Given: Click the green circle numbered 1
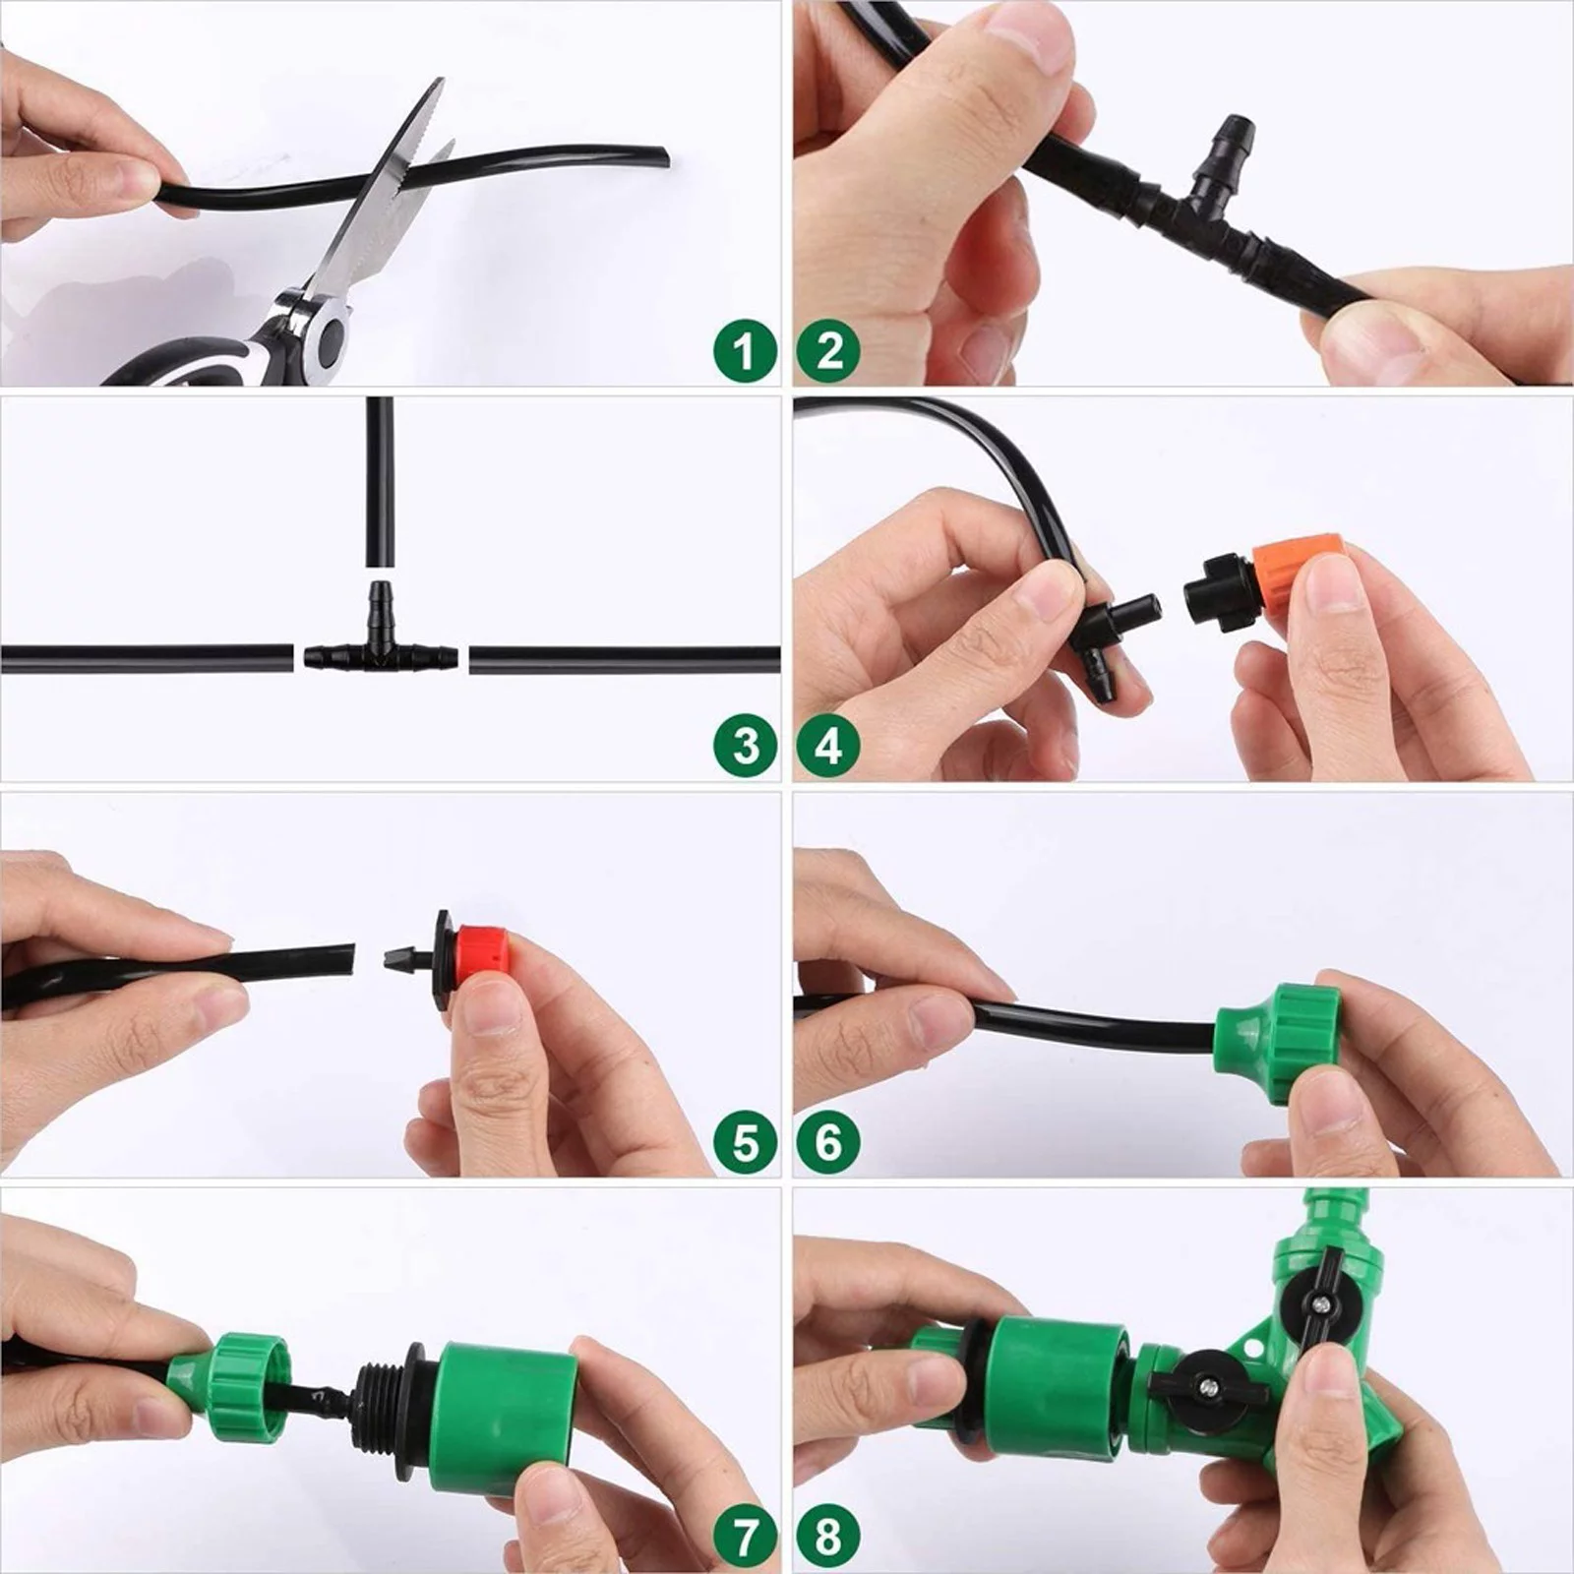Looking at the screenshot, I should tap(745, 350).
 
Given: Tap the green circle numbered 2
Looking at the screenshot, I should tap(829, 350).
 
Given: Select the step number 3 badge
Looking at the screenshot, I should tap(745, 745).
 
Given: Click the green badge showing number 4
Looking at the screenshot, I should tap(829, 745).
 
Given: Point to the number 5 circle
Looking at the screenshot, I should tap(745, 1142).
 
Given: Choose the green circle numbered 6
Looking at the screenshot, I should tap(829, 1142).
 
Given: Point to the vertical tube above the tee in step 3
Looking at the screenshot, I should tap(380, 482).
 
